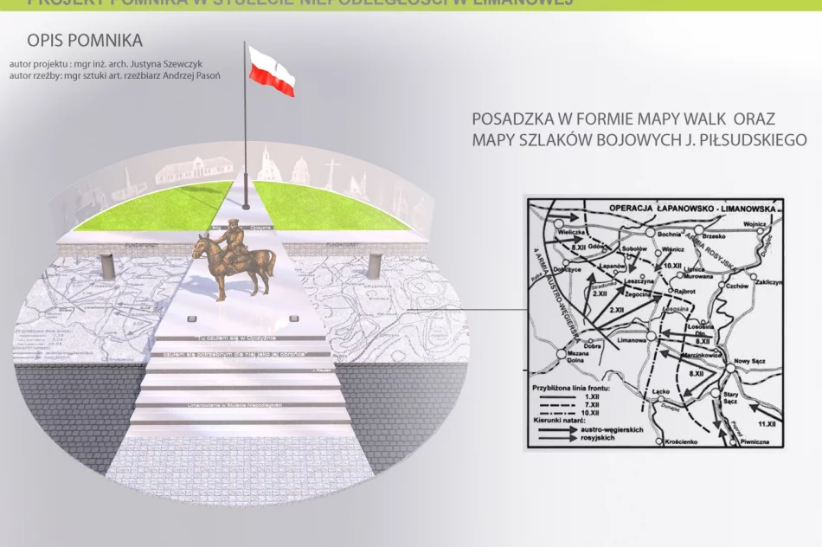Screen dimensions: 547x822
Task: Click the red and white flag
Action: click(x=272, y=71)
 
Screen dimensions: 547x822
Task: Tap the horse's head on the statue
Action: click(x=202, y=245)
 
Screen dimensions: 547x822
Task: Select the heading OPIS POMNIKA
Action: click(x=85, y=41)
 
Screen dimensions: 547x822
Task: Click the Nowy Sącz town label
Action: click(x=751, y=361)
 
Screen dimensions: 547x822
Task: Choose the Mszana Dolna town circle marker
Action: click(x=562, y=353)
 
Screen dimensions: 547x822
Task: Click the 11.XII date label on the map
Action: click(x=766, y=425)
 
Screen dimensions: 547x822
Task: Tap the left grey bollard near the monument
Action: click(x=107, y=265)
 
